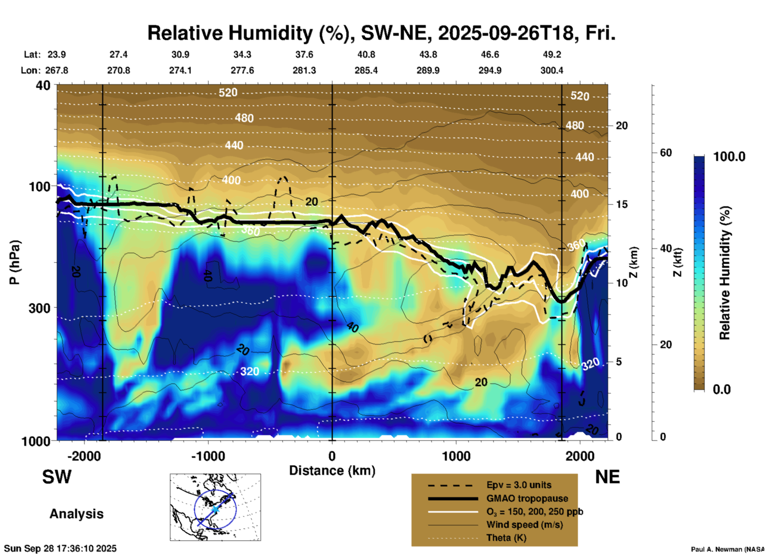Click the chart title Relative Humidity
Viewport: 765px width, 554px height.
click(381, 33)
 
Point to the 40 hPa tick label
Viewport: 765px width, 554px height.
click(43, 85)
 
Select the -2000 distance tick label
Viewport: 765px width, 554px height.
click(84, 456)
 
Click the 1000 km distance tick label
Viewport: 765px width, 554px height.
click(456, 456)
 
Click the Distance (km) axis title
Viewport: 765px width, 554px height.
click(332, 471)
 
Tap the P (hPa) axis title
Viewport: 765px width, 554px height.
click(15, 262)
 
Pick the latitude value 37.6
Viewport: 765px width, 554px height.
click(304, 54)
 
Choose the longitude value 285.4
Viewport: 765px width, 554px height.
click(366, 70)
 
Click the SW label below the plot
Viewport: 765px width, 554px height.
click(57, 477)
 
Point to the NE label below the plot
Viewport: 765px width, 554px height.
click(607, 477)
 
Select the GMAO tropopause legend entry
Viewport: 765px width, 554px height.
click(527, 498)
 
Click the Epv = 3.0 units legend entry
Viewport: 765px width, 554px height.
click(519, 485)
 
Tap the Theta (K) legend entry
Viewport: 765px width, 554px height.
click(506, 538)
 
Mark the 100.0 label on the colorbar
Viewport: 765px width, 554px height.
click(729, 157)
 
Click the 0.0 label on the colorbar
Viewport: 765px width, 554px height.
click(722, 389)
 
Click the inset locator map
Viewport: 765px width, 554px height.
click(215, 507)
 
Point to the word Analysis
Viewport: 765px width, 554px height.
click(76, 514)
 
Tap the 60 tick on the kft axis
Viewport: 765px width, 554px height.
click(666, 153)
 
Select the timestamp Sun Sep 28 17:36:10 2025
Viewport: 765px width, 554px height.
click(60, 548)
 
